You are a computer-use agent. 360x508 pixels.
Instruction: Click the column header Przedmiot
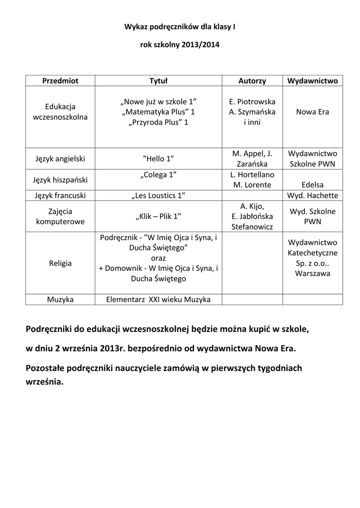pos(60,80)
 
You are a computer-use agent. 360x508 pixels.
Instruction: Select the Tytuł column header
pos(158,80)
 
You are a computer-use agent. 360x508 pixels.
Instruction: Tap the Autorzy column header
pos(252,80)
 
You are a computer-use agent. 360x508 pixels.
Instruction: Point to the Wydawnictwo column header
pos(312,80)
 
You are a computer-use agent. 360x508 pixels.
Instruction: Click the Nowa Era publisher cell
pos(312,112)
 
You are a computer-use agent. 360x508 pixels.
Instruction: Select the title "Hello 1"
pos(158,159)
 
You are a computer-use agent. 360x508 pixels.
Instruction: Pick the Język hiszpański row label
pos(60,180)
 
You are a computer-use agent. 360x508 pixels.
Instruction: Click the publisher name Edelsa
pos(312,185)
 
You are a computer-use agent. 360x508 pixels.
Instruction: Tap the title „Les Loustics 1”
pos(158,195)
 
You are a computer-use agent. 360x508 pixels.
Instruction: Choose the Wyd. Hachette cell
pos(312,195)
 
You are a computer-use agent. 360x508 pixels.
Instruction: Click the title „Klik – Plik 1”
pos(158,216)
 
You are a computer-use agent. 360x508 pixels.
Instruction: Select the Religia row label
pos(60,263)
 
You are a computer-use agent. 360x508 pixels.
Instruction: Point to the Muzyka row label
pos(60,300)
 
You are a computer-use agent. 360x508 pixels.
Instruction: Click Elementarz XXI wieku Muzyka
pos(158,300)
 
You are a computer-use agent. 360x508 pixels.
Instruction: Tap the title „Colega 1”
pos(158,175)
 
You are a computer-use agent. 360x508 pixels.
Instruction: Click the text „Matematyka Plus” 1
pos(158,112)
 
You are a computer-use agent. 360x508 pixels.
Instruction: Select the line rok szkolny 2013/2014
pos(180,45)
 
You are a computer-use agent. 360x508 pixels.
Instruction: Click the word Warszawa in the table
pos(312,273)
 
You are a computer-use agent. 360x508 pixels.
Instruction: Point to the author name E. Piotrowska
pos(252,102)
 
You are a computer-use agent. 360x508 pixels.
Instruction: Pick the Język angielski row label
pos(60,159)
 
